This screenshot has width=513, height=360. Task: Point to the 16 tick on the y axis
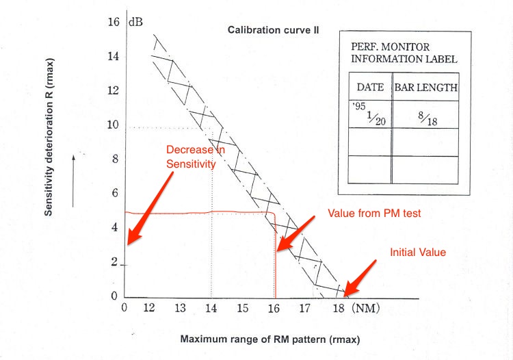click(114, 22)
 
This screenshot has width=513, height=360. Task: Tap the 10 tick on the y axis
click(114, 125)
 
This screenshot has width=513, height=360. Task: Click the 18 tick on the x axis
click(338, 308)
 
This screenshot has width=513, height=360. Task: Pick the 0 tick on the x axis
click(124, 308)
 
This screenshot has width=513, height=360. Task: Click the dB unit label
click(135, 22)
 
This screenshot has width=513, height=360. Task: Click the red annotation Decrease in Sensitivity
click(192, 157)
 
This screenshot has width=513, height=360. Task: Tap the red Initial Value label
click(417, 253)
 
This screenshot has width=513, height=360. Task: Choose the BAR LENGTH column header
click(425, 88)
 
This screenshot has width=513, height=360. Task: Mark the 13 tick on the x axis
click(180, 308)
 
